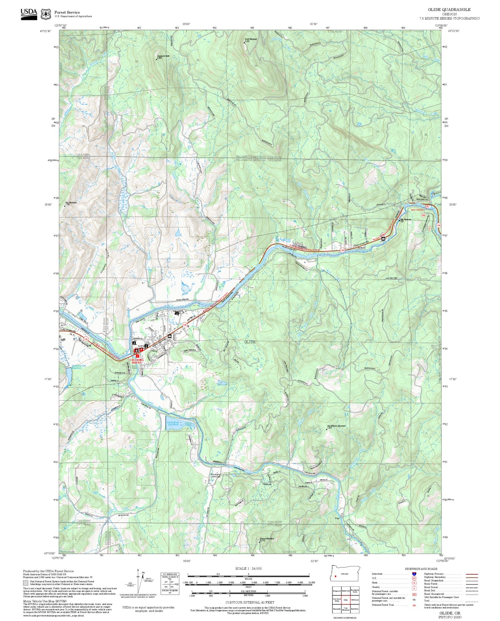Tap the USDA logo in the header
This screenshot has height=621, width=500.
coord(29,13)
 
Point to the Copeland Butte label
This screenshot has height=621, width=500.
coord(163,56)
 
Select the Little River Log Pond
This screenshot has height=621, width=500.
coord(180,425)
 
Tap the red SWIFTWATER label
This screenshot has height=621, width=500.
coord(417,210)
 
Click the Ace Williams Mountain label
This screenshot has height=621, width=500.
coord(336,426)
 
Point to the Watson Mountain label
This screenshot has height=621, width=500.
coord(266,539)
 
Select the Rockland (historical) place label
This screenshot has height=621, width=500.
coord(216,476)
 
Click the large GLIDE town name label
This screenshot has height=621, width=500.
coord(250,342)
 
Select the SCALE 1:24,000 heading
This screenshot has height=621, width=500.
coord(248,568)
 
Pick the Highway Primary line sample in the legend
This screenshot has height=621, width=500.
coord(472,574)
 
